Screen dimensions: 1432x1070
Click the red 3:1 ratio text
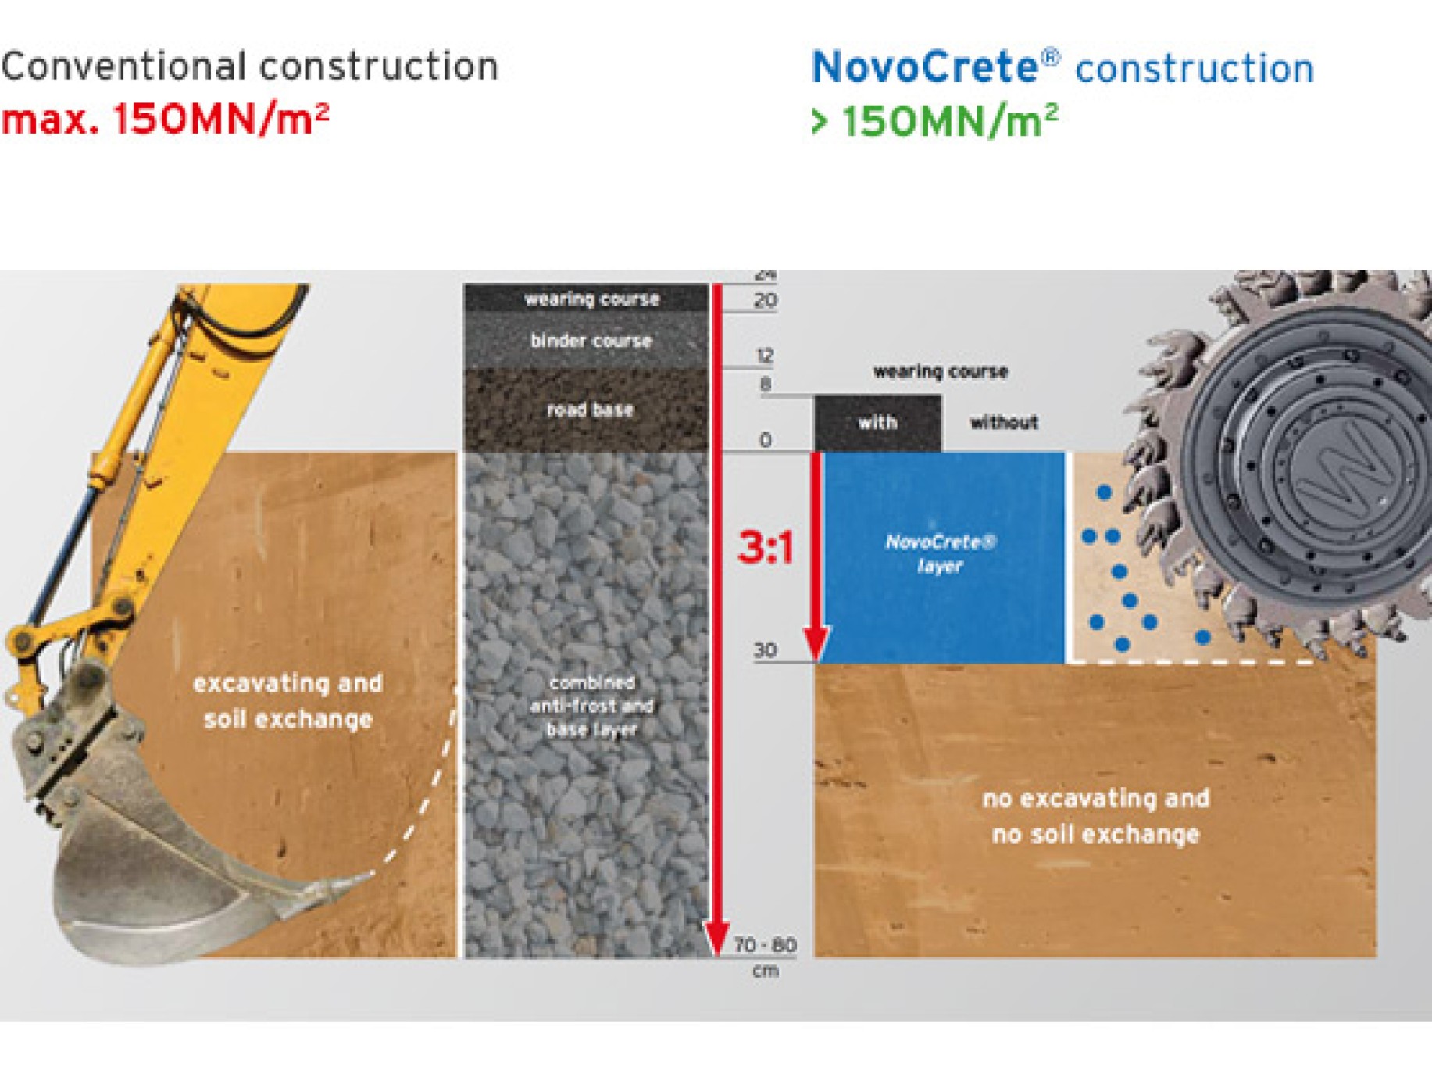point(766,546)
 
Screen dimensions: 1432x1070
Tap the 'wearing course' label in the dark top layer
point(591,299)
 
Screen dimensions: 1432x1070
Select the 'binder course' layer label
point(591,341)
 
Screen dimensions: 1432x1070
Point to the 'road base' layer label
point(590,410)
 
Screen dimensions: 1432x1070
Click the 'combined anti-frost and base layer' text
point(591,706)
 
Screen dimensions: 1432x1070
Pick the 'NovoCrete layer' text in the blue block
point(940,553)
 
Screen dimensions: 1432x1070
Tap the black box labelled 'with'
point(877,423)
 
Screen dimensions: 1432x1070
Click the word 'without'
point(1004,423)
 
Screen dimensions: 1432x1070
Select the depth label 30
point(765,650)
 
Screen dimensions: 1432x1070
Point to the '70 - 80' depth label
point(765,945)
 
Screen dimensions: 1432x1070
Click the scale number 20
point(766,300)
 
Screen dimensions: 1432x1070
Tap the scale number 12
point(765,356)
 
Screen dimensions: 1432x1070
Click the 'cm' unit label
point(765,971)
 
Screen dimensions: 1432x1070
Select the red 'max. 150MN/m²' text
point(165,120)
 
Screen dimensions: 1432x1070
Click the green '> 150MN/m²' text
point(935,121)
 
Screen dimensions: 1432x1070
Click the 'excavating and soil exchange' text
point(288,701)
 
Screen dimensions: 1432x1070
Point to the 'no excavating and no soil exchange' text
point(1096,816)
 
